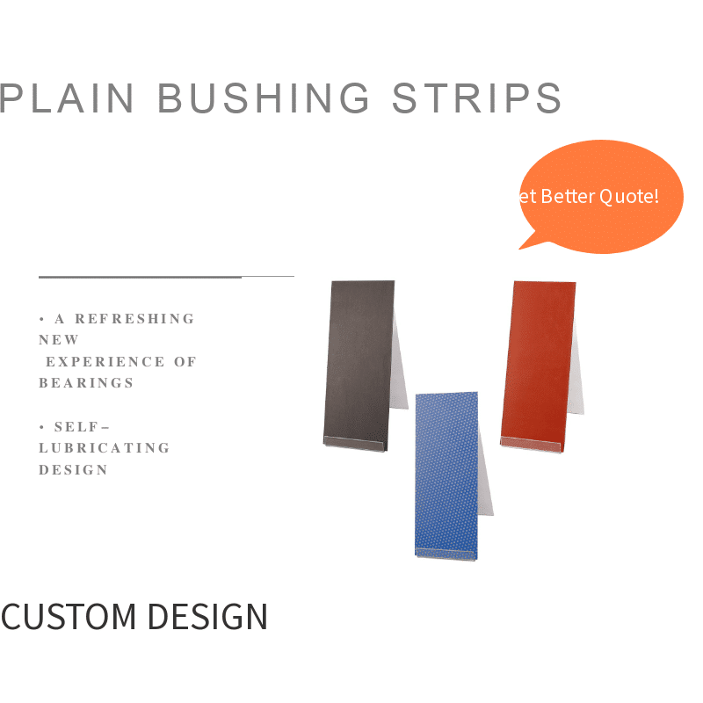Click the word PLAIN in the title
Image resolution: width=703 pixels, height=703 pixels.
point(67,98)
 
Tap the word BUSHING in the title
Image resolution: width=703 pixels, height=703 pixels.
point(264,98)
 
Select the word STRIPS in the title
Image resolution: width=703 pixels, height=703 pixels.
point(476,98)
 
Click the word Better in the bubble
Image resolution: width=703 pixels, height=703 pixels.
point(567,196)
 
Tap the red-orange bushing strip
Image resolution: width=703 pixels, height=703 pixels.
point(537,360)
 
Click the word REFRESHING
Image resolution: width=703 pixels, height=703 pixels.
point(134,319)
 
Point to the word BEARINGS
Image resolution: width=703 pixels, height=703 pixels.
point(86,383)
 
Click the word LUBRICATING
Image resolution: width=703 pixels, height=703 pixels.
point(105,448)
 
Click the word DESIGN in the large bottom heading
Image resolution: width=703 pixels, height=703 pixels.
point(207,617)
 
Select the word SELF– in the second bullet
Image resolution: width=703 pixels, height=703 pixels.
point(82,427)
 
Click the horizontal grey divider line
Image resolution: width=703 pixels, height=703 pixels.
point(166,277)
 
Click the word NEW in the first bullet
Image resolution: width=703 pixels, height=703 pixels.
point(59,340)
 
